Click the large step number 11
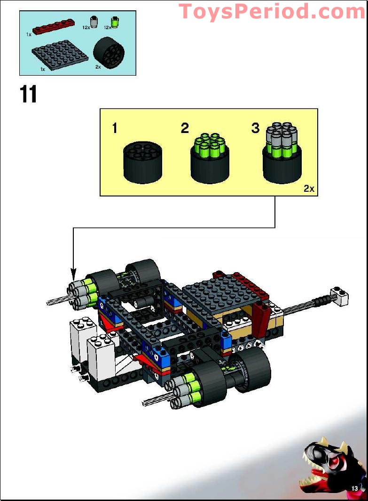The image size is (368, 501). click(x=29, y=94)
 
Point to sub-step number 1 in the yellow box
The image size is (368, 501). click(x=115, y=128)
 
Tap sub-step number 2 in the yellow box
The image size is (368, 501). click(x=185, y=128)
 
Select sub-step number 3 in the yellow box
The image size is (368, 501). click(x=255, y=128)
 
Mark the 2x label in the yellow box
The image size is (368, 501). click(x=308, y=189)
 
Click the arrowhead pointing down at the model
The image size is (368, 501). click(x=73, y=272)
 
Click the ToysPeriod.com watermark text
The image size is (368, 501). click(x=272, y=11)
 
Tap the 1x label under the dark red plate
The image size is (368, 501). click(x=29, y=35)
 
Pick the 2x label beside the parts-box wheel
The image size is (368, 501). click(x=98, y=67)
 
